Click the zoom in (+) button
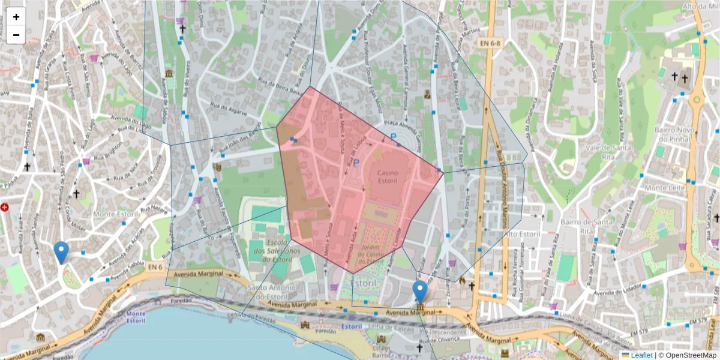coord(16,17)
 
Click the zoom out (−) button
coord(16,35)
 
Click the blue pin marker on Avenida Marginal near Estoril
coord(421,291)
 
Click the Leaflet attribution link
coord(641,355)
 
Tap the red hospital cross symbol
coord(5,208)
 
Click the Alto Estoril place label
coord(523,233)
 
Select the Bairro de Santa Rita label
coord(577,226)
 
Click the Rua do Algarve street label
coord(229,106)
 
